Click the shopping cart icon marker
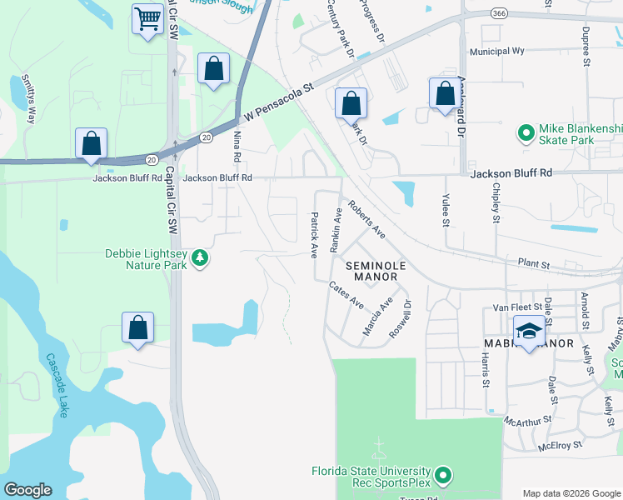click(x=147, y=18)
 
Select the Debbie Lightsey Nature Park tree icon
click(x=199, y=259)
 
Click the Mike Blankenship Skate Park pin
click(x=526, y=132)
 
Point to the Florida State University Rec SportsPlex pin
click(x=443, y=476)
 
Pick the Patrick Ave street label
click(x=315, y=233)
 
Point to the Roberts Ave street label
click(x=366, y=219)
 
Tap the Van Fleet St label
click(x=511, y=307)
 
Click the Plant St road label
click(x=534, y=264)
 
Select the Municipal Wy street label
click(x=496, y=51)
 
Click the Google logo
click(x=27, y=490)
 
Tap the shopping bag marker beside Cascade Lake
click(x=138, y=328)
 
